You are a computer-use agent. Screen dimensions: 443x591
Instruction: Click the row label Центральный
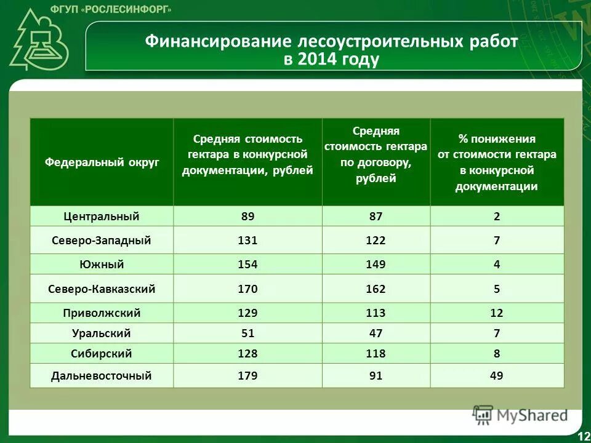102,217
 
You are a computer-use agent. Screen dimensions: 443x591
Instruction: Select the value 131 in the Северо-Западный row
247,241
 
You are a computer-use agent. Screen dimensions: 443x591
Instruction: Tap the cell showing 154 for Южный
247,265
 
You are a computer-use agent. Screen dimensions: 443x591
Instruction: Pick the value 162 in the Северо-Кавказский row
375,289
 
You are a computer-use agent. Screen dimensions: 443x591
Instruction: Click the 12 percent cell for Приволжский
496,313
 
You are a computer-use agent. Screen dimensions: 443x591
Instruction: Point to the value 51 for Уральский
247,333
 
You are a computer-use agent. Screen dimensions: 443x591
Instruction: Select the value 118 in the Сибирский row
375,354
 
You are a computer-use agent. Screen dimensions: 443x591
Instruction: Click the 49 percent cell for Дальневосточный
496,375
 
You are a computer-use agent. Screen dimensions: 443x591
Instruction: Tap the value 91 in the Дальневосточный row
375,375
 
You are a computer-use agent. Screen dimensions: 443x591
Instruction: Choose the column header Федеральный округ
102,162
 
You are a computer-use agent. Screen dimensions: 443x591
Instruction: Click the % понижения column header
496,162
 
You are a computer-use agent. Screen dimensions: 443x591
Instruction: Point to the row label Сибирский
102,354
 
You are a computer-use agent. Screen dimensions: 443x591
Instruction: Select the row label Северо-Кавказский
102,289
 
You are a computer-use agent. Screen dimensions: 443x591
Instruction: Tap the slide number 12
582,436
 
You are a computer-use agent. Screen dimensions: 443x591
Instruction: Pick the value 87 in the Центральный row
375,217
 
